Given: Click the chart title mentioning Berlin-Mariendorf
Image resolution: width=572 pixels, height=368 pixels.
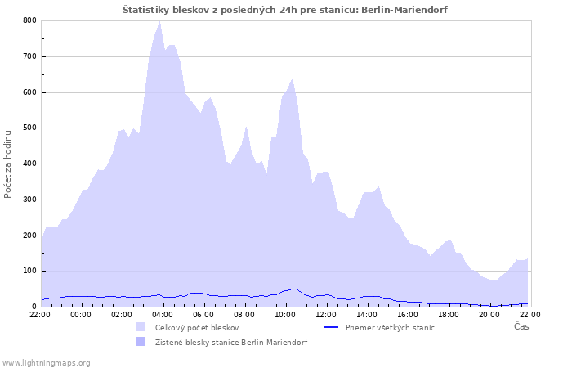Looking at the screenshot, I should [x=285, y=9].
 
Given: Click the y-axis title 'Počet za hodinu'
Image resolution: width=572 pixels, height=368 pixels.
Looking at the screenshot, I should [x=8, y=163].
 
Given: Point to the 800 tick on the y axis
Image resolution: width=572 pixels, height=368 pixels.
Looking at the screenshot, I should [x=30, y=20].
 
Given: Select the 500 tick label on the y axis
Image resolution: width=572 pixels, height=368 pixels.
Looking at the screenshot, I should [x=30, y=128].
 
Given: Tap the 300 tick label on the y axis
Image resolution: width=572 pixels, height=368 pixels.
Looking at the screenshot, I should [x=30, y=200].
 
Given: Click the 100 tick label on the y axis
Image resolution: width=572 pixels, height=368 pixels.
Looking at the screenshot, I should [x=30, y=271].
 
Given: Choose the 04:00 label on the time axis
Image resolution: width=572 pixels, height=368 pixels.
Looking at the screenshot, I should [x=163, y=314].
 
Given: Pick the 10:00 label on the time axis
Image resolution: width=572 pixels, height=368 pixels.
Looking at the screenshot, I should [x=285, y=314].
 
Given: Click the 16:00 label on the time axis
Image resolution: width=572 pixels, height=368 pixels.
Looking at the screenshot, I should [x=408, y=314].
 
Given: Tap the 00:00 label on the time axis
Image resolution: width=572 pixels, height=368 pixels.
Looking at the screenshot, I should [x=81, y=314].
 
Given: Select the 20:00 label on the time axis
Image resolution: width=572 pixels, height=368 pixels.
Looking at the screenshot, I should [x=489, y=314].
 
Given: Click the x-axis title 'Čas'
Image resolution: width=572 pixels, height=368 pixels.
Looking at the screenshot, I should [x=521, y=326].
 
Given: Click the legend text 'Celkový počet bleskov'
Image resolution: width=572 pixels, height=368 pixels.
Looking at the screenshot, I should [x=197, y=327].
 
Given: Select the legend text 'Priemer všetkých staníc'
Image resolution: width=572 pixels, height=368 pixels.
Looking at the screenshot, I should [x=390, y=327].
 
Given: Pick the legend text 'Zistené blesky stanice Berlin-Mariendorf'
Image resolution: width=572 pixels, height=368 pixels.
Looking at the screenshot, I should [x=231, y=342].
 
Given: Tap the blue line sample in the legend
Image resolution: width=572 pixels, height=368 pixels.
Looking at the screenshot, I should [x=331, y=327].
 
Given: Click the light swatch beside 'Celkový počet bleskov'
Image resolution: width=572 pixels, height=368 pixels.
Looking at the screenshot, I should [x=141, y=327].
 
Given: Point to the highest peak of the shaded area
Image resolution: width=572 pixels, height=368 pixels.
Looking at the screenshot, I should [x=160, y=21].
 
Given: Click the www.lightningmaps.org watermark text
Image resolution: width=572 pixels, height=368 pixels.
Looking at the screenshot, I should [x=47, y=362].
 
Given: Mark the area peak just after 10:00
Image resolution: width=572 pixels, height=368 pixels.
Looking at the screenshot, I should [x=292, y=79].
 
